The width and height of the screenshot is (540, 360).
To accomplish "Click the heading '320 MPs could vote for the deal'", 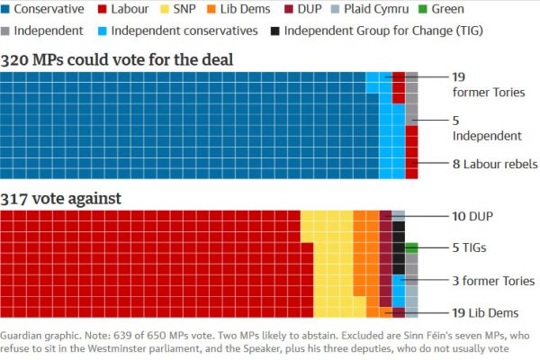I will click(x=117, y=60).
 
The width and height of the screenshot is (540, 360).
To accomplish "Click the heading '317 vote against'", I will click(x=61, y=198).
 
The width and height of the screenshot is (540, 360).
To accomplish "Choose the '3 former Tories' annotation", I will click(x=493, y=281).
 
